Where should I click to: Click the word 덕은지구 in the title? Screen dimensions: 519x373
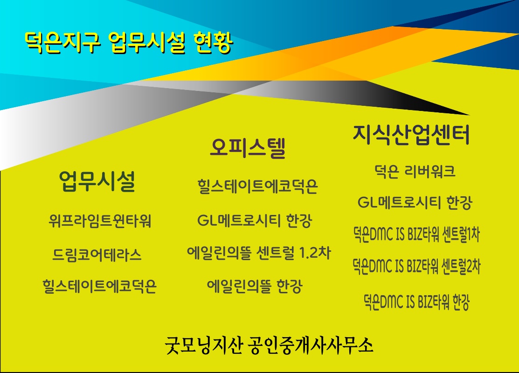tap(62, 42)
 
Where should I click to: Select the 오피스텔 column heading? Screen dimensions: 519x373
tap(248, 148)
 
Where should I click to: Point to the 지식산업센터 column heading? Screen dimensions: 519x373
tap(411, 134)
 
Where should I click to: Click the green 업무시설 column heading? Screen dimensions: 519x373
tap(97, 181)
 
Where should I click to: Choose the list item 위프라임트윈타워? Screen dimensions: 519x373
tap(100, 221)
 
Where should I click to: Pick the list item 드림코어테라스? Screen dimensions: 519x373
tap(97, 255)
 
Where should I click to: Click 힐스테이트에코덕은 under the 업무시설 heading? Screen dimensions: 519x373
tap(99, 286)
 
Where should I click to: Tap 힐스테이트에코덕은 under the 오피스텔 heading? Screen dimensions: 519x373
tap(257, 186)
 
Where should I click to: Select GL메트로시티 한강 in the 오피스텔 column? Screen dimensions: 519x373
tap(255, 221)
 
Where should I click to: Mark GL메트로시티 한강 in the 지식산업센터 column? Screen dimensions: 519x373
tap(415, 202)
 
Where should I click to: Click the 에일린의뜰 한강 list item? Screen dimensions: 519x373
tap(255, 286)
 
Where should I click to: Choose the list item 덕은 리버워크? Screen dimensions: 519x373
tap(415, 171)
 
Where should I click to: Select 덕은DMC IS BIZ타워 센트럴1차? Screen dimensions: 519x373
tap(416, 234)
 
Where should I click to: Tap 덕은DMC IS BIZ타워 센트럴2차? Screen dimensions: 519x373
tap(416, 266)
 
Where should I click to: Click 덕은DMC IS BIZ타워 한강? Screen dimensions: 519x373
tap(416, 302)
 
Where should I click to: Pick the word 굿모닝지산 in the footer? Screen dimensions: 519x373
tap(204, 345)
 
